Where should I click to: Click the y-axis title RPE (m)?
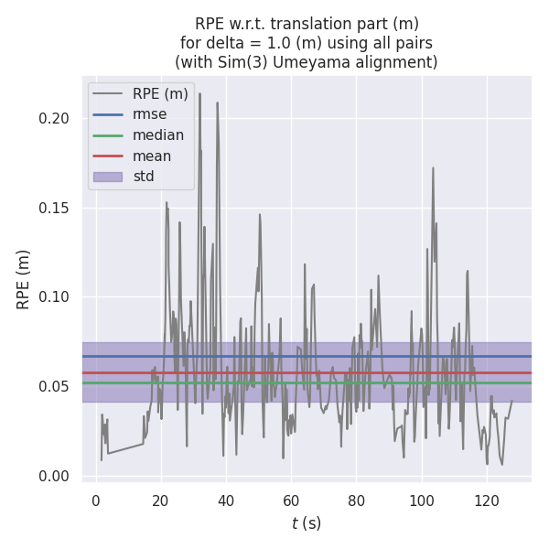pos(24,279)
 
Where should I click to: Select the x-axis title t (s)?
pos(306,523)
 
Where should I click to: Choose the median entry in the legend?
pos(158,135)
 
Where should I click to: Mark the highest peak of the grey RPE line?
pos(199,93)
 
